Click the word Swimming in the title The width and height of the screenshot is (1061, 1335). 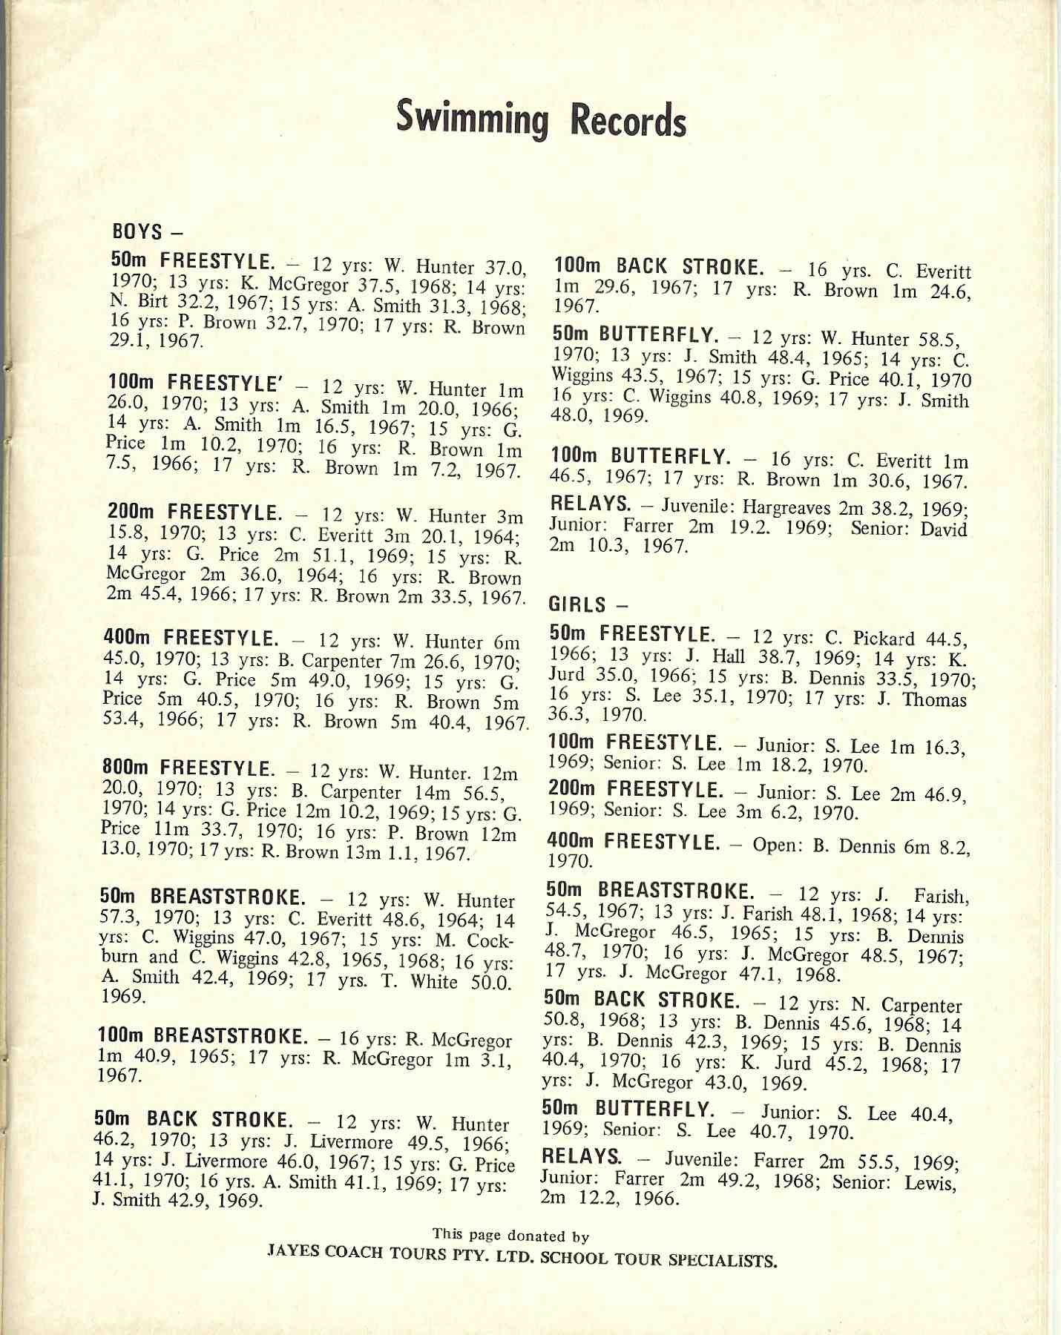(472, 119)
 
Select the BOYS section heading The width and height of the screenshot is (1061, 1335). (137, 231)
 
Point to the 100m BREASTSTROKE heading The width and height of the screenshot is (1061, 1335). (201, 1036)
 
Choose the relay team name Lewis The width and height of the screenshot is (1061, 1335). (930, 1181)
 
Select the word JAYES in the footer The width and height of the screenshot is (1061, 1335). (293, 1250)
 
